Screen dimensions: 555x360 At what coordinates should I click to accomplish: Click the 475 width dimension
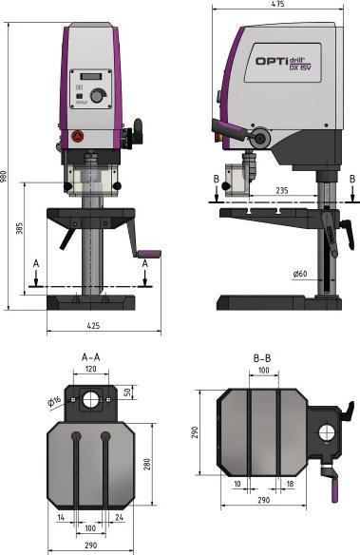point(277,5)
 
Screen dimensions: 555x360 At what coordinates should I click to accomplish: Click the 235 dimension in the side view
point(282,190)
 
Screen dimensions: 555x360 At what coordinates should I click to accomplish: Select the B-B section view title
point(265,357)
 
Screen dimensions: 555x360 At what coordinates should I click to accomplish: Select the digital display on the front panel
point(90,77)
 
